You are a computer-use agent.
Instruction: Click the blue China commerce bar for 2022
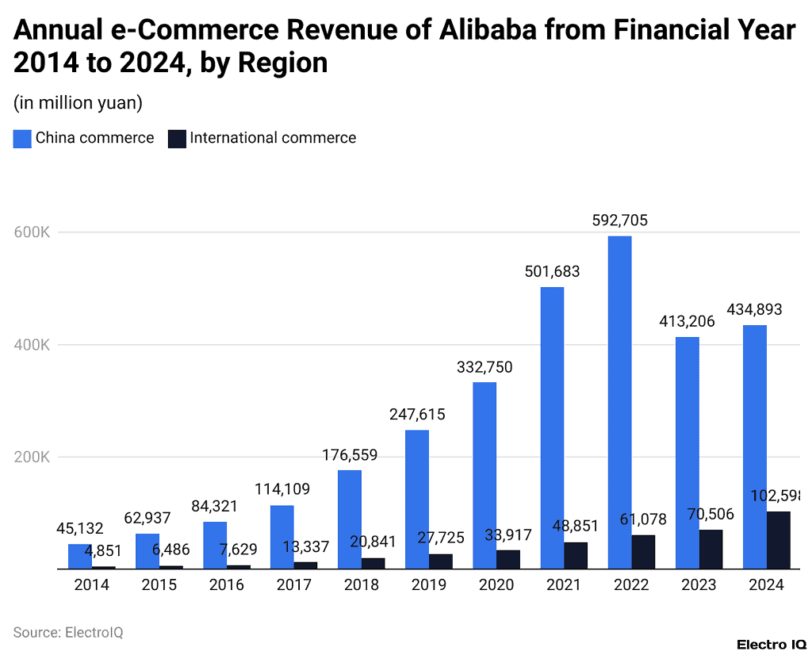tap(619, 402)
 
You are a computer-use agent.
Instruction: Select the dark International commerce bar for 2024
tap(779, 540)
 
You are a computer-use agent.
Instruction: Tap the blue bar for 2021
tap(552, 427)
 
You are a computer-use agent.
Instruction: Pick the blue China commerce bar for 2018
tap(350, 519)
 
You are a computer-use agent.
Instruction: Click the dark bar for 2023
tap(711, 549)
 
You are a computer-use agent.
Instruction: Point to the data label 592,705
tap(619, 220)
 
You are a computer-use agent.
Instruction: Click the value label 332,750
tap(485, 367)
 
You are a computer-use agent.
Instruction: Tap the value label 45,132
tap(79, 528)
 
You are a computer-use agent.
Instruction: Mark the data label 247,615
tap(417, 414)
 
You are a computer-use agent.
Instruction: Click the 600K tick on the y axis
tap(32, 232)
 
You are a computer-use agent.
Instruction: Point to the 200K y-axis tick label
tap(32, 458)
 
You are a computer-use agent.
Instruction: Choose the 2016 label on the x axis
tap(227, 585)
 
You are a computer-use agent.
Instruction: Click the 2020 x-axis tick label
tap(496, 585)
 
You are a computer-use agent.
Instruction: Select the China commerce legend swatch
tap(21, 139)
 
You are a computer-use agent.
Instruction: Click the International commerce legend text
tap(273, 138)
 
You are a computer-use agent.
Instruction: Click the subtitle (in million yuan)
tap(78, 102)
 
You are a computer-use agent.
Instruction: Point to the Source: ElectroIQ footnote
tap(68, 632)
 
